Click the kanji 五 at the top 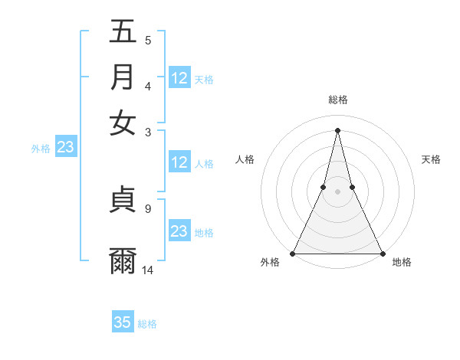[123, 32]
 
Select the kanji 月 [123, 77]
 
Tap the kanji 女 [123, 123]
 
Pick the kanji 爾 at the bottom [123, 260]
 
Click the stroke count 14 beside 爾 [148, 270]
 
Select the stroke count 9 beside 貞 [147, 208]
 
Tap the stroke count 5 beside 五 [147, 40]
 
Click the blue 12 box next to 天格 [179, 78]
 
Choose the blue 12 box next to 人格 [179, 162]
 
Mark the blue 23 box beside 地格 [179, 231]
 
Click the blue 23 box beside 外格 [65, 148]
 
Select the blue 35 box [123, 322]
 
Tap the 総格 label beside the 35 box [147, 324]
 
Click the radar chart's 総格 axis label [338, 100]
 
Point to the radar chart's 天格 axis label [431, 159]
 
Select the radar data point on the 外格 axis [294, 254]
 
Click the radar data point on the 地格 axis [382, 254]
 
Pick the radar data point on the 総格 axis [337, 130]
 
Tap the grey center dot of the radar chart [337, 191]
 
